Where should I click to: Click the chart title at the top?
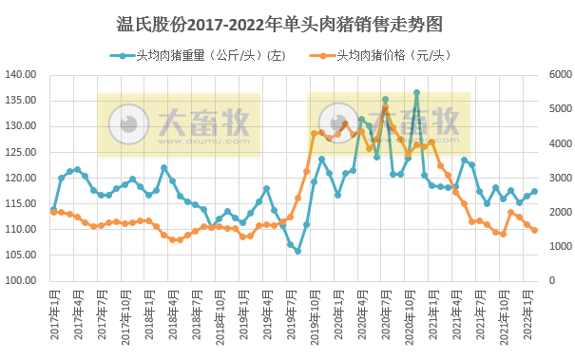coord(287,20)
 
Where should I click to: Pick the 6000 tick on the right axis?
coord(557,74)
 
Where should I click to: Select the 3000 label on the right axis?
coord(557,178)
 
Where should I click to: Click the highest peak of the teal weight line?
coord(416,93)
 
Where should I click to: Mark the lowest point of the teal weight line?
coord(297,251)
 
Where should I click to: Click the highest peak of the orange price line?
coord(385,107)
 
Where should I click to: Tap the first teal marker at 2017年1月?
coord(53,209)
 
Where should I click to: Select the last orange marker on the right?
coord(534,230)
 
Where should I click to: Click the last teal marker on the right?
coord(534,191)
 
